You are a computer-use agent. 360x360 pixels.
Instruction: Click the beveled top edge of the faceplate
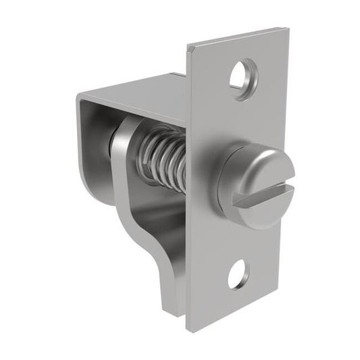coord(236,37)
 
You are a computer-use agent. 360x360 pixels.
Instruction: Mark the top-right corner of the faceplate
coord(288,29)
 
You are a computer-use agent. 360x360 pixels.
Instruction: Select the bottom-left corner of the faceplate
coord(188,330)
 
